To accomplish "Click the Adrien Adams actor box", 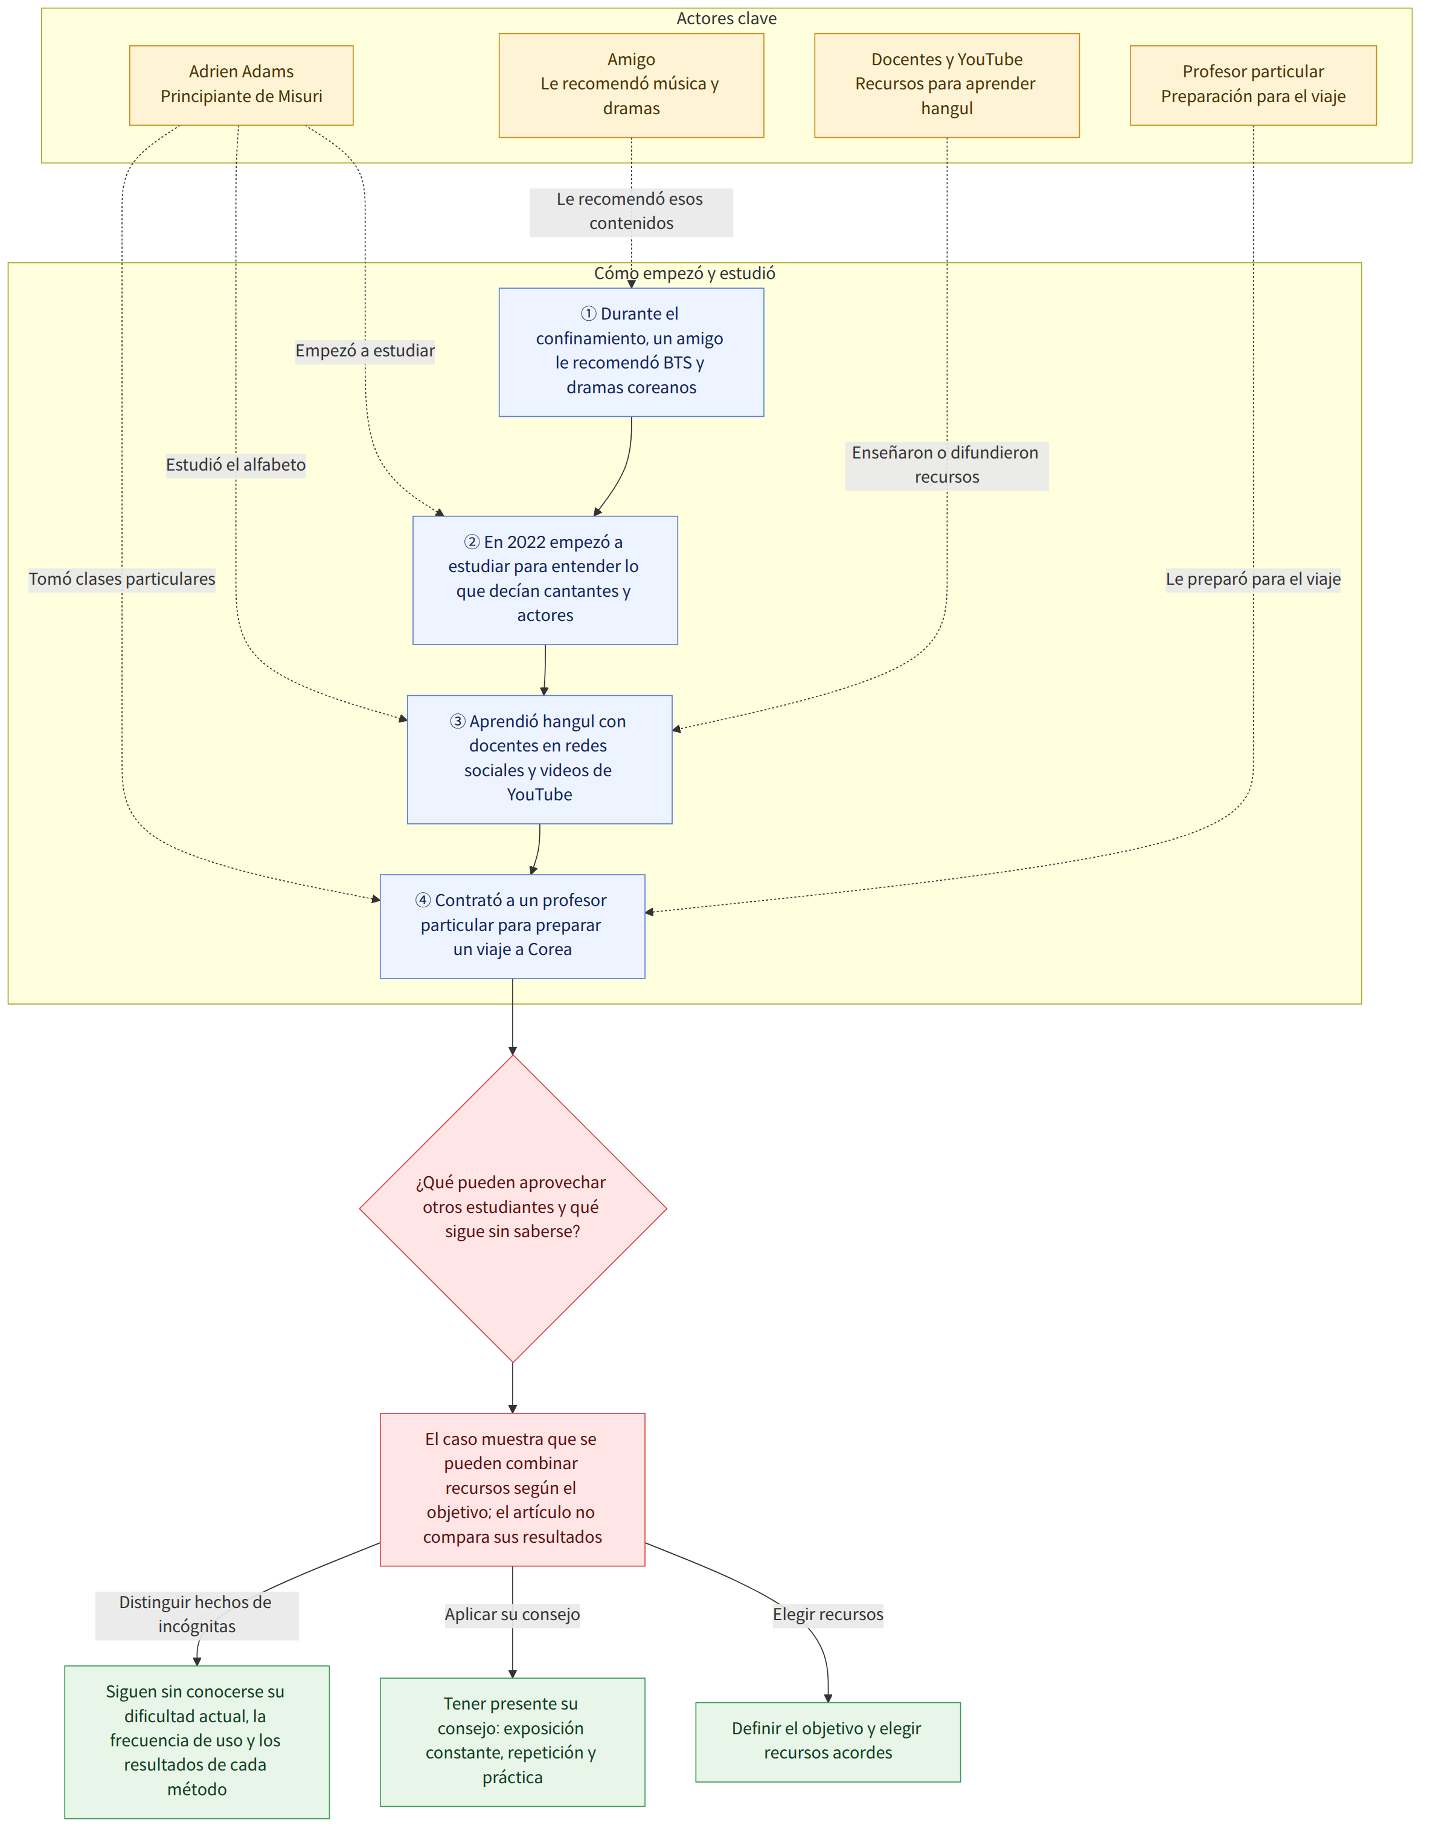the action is pyautogui.click(x=241, y=85).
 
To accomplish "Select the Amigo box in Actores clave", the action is pyautogui.click(x=631, y=85).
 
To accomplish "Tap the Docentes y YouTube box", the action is pyautogui.click(x=947, y=85).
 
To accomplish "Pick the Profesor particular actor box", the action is pyautogui.click(x=1252, y=85).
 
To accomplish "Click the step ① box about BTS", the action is pyautogui.click(x=631, y=352).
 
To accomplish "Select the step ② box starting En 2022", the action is pyautogui.click(x=545, y=581).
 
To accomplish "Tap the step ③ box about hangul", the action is pyautogui.click(x=540, y=759).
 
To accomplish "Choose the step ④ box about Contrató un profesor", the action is pyautogui.click(x=512, y=926).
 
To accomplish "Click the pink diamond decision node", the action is pyautogui.click(x=513, y=1208).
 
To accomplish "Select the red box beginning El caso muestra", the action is pyautogui.click(x=512, y=1490).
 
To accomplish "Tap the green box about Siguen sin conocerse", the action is pyautogui.click(x=197, y=1742).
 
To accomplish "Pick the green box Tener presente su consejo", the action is pyautogui.click(x=512, y=1742).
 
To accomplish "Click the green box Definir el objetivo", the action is pyautogui.click(x=828, y=1742).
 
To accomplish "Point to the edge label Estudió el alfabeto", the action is pyautogui.click(x=236, y=465).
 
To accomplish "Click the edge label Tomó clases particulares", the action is pyautogui.click(x=122, y=579).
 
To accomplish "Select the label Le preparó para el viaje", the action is pyautogui.click(x=1253, y=579).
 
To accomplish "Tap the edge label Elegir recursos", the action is pyautogui.click(x=828, y=1614).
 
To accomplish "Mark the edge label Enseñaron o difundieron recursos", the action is pyautogui.click(x=947, y=465).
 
